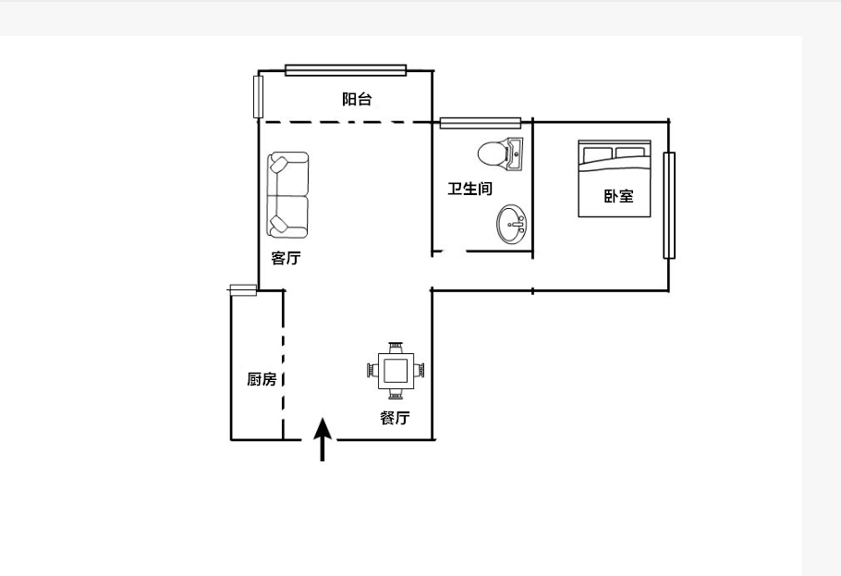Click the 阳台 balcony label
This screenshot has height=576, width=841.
click(x=357, y=99)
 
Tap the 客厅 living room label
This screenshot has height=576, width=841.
click(x=286, y=258)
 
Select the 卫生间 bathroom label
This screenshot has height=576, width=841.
click(x=469, y=189)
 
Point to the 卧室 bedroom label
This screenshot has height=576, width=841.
click(x=618, y=196)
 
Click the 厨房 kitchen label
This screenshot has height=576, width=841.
click(x=262, y=379)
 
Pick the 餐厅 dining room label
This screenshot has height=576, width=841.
click(x=396, y=418)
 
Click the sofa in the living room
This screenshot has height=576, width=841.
click(x=288, y=195)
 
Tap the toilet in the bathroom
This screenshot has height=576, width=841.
click(x=500, y=154)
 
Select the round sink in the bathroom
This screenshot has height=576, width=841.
click(x=512, y=225)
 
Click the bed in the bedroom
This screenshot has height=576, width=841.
click(x=615, y=178)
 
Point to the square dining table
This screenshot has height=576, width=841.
click(x=396, y=371)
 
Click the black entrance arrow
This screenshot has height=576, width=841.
click(x=323, y=439)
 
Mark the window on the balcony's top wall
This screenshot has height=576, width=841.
click(x=346, y=70)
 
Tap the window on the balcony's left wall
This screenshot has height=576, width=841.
click(x=258, y=97)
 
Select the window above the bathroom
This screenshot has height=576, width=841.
click(x=481, y=123)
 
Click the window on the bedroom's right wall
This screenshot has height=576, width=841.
click(x=669, y=205)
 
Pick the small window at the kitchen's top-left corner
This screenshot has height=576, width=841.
click(x=243, y=290)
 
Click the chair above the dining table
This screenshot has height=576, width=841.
click(x=396, y=347)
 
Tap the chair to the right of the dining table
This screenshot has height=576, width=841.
click(x=420, y=371)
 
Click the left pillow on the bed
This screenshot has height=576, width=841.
click(x=598, y=154)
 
